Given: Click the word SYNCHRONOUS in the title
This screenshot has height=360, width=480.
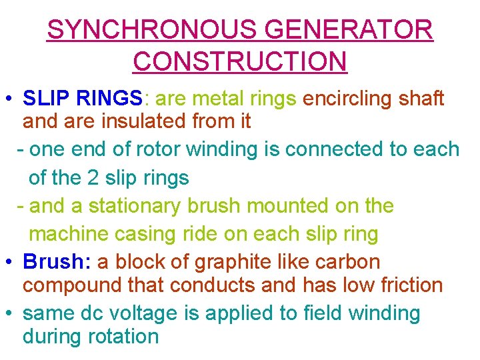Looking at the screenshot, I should click(153, 30).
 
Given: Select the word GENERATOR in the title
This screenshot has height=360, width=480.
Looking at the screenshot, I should click(349, 30).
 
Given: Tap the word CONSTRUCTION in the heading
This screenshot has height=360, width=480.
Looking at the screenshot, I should click(240, 61).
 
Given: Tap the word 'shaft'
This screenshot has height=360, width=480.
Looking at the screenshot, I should click(421, 99).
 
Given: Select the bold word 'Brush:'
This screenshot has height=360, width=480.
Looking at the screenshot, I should click(57, 261).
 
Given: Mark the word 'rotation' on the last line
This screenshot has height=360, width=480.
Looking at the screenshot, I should click(123, 336).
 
